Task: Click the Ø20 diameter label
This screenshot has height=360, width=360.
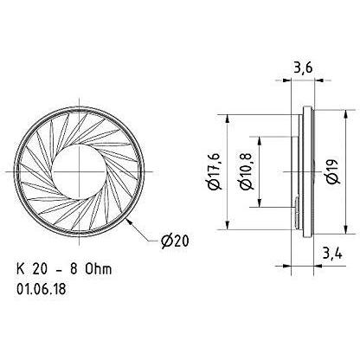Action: [x=175, y=241]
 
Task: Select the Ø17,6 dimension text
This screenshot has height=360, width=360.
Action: [x=215, y=171]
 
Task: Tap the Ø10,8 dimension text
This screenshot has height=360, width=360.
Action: [x=247, y=171]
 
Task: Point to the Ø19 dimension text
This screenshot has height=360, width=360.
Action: [x=334, y=171]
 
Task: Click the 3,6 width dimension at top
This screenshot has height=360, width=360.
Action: [x=303, y=69]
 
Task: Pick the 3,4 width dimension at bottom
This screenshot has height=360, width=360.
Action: [x=332, y=254]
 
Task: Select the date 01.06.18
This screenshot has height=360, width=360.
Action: [x=42, y=289]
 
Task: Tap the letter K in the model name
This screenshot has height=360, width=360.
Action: [x=20, y=269]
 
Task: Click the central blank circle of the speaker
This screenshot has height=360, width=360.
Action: [x=80, y=171]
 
